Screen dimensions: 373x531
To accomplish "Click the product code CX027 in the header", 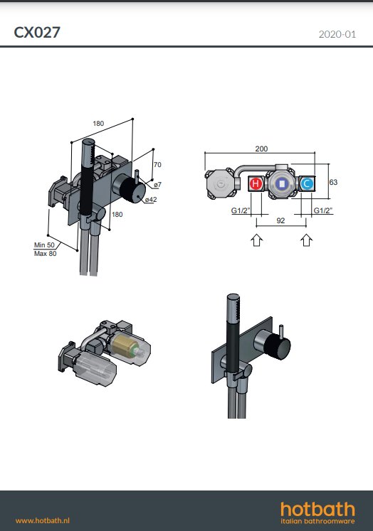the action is (x=37, y=33).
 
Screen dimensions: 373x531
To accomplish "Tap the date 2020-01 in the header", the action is (x=337, y=34).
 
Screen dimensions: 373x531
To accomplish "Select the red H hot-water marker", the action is (x=256, y=184).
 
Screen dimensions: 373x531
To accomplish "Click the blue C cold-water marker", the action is (x=307, y=184).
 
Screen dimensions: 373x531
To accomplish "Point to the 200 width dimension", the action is (x=261, y=149).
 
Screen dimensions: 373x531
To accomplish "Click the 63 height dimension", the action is (x=333, y=182).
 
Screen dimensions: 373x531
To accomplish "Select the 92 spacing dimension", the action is (x=280, y=221).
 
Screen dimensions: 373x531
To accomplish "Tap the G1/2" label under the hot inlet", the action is (x=241, y=210).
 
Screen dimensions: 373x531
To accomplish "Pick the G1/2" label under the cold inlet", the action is (x=322, y=210).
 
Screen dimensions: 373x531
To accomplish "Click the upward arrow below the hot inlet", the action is (x=257, y=240).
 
